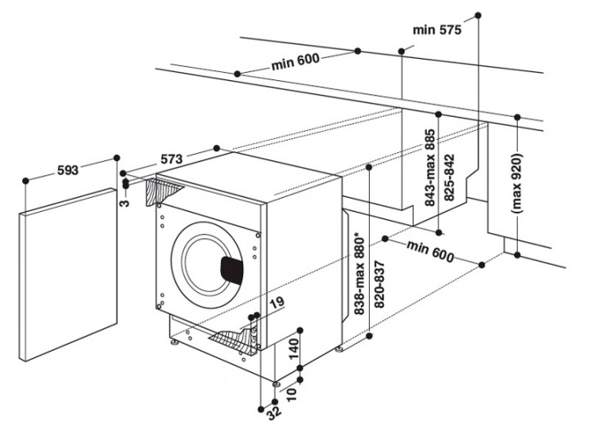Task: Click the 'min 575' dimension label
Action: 437,30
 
